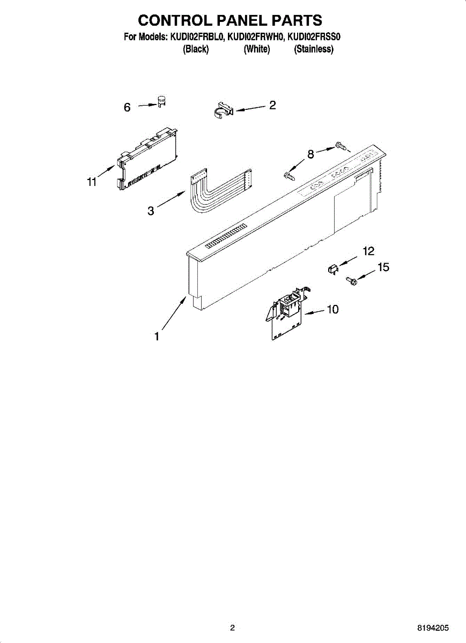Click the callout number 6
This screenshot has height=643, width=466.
(x=127, y=108)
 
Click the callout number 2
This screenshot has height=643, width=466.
(x=272, y=106)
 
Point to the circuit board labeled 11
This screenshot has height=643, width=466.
(x=148, y=158)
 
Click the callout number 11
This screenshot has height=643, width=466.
(x=92, y=182)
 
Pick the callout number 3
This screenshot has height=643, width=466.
(x=151, y=212)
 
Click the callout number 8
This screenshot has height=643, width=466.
(x=310, y=155)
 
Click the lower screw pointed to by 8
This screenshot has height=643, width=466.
(x=289, y=175)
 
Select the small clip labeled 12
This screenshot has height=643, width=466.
(x=332, y=268)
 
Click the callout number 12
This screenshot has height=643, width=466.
(x=368, y=251)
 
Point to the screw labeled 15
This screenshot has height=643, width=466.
(x=351, y=279)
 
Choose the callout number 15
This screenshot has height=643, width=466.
(x=383, y=267)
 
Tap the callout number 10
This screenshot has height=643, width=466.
(x=332, y=310)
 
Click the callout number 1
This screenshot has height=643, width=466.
(x=157, y=337)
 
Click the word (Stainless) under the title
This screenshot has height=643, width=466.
(x=314, y=49)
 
